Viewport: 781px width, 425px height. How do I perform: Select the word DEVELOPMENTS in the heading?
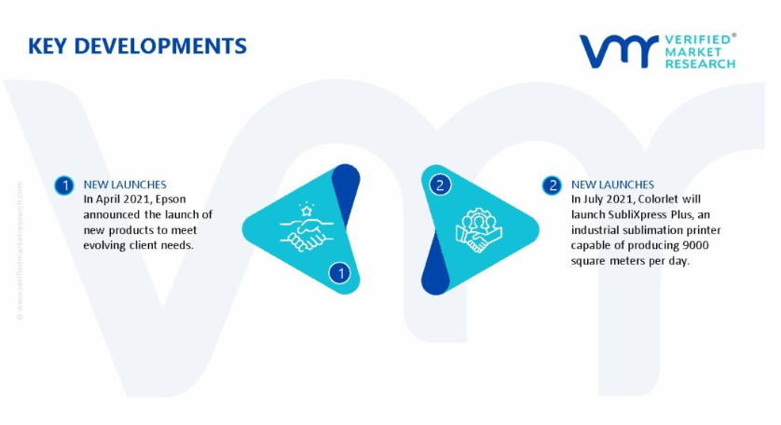coord(160,46)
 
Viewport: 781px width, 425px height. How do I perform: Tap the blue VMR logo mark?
coord(618,51)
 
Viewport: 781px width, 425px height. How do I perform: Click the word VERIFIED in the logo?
coord(698,40)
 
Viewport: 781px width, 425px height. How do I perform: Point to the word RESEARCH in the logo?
coord(700,63)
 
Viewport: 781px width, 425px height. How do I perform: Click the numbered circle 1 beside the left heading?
coord(64,185)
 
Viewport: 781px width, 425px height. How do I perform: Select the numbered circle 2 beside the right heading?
coord(552,185)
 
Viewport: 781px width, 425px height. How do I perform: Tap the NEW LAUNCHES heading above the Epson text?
coord(125,185)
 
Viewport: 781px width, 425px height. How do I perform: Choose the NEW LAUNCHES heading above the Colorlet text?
coord(612,185)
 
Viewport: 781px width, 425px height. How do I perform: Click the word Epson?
coord(171,199)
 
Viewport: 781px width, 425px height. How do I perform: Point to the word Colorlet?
coord(658,199)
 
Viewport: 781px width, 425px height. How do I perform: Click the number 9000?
coord(695,245)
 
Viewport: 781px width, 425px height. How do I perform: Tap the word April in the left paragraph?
coord(109,199)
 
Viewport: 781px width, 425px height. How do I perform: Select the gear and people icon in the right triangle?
coord(478,229)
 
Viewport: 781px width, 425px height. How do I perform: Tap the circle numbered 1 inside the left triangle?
coord(340,273)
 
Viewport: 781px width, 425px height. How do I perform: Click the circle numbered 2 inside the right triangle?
coord(440,185)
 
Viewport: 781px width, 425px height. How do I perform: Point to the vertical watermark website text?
coord(20,250)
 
